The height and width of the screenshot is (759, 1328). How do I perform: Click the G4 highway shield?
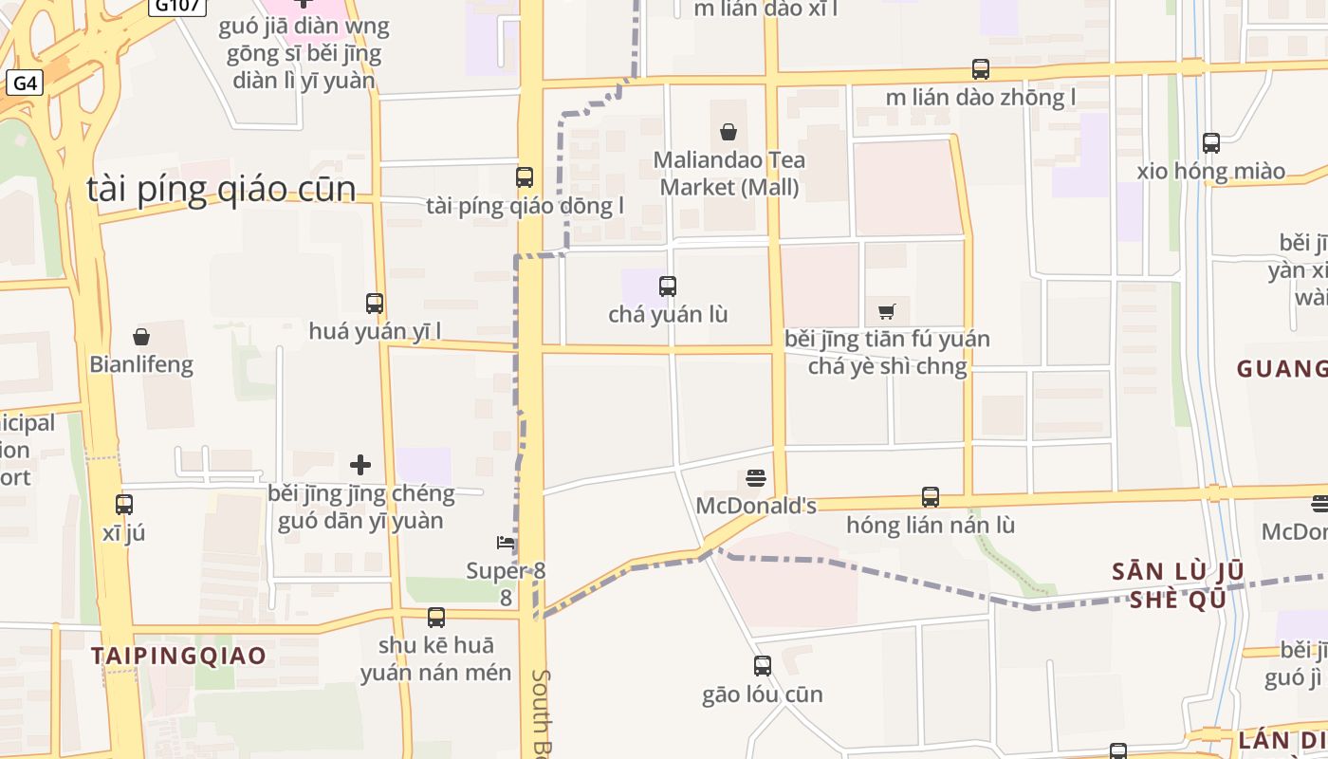[24, 83]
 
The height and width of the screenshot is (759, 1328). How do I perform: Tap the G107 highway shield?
[177, 5]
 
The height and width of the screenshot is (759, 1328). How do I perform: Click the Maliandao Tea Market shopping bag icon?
[729, 132]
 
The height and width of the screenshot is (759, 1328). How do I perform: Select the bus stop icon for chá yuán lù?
[668, 286]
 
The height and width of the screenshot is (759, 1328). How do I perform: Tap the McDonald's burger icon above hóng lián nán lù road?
[756, 477]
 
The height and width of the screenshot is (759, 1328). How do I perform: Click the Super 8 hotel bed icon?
[506, 543]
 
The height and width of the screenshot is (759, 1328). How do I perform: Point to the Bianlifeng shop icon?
[141, 337]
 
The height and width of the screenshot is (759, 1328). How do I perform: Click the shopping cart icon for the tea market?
[887, 311]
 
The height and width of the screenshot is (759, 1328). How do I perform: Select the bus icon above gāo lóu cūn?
[763, 666]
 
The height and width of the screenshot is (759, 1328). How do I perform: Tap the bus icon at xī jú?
[124, 505]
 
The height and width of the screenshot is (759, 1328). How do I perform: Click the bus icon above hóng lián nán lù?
[931, 497]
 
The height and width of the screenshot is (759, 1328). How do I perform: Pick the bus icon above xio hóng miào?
[1211, 143]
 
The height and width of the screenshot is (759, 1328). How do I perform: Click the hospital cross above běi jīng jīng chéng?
[360, 465]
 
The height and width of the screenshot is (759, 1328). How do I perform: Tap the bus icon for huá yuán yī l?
[375, 304]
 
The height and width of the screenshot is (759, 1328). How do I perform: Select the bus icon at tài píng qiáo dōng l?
[525, 176]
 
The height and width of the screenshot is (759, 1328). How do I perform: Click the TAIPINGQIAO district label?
[178, 656]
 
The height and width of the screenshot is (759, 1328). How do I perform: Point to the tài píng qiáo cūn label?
[222, 189]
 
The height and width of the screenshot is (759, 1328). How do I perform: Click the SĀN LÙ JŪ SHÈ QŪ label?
[1177, 585]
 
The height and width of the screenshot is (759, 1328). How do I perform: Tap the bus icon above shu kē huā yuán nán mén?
[436, 618]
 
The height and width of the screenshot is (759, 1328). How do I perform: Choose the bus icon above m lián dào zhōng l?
[981, 69]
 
